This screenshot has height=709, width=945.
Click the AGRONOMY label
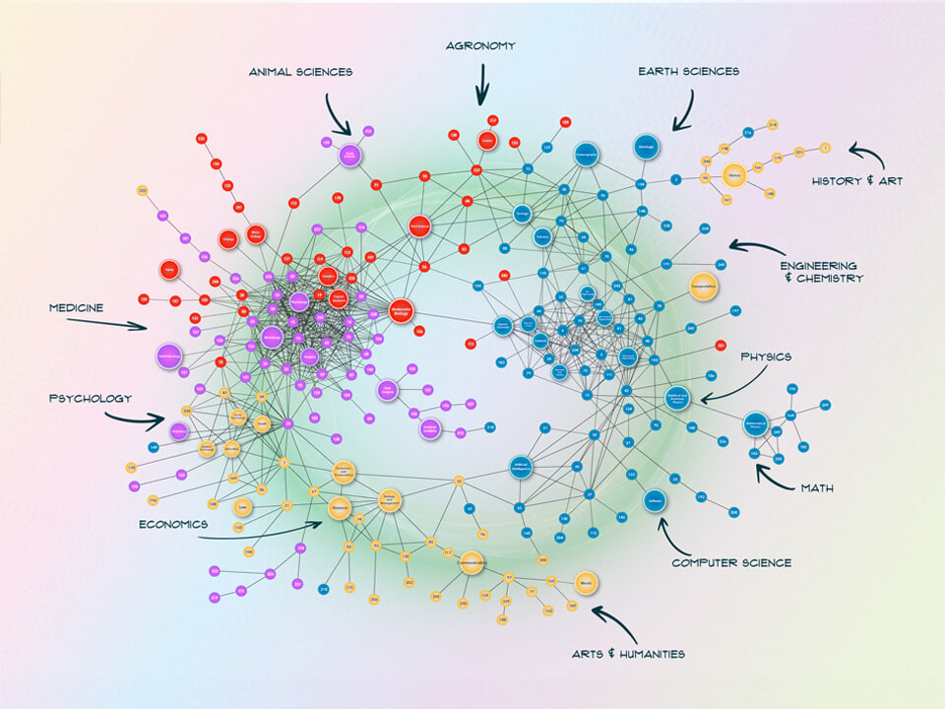pyautogui.click(x=480, y=45)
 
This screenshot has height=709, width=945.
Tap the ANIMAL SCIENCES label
pyautogui.click(x=300, y=72)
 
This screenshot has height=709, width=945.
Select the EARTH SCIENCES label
pyautogui.click(x=688, y=71)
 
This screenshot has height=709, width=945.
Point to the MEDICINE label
pyautogui.click(x=76, y=308)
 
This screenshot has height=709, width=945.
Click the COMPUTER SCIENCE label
pyautogui.click(x=731, y=563)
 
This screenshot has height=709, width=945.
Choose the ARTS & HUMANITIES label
pyautogui.click(x=628, y=654)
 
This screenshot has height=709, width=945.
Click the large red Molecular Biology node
pyautogui.click(x=402, y=311)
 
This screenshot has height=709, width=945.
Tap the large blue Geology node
pyautogui.click(x=647, y=147)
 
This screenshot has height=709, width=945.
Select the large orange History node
pyautogui.click(x=732, y=176)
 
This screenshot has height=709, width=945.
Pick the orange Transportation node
pyautogui.click(x=704, y=286)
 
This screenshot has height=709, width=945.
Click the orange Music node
pyautogui.click(x=586, y=583)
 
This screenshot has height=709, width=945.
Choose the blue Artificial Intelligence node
pyautogui.click(x=521, y=467)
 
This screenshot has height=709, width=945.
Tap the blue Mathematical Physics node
pyautogui.click(x=755, y=424)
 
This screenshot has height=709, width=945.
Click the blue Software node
pyautogui.click(x=652, y=500)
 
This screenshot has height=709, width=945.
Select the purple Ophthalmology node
pyautogui.click(x=168, y=356)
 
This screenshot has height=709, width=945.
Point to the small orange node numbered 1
pyautogui.click(x=825, y=148)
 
